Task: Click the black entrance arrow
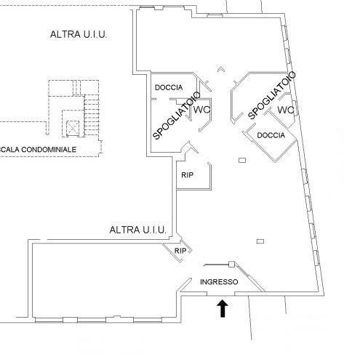pos(223,309)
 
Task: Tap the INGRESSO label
pos(219,282)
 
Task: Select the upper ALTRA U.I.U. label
pos(79,34)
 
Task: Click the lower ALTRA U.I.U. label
pos(137,230)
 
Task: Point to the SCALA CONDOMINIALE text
pos(38,150)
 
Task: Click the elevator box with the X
pos(73,128)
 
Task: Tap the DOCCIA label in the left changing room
pos(169,87)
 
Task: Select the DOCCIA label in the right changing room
pos(271,135)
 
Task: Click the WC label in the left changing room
pos(201,110)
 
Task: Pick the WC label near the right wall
pos(286,110)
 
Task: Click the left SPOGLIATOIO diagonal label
pos(177,116)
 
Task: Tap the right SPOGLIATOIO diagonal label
pos(272,95)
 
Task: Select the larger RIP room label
pos(187,175)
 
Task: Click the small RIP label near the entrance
pos(180,251)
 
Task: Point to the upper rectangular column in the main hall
pos(242,160)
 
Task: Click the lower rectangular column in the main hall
pos(260,241)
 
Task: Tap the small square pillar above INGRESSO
pos(232,264)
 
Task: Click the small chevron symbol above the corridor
pos(220,69)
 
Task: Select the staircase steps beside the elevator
pos(92,115)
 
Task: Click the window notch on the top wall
pos(215,16)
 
